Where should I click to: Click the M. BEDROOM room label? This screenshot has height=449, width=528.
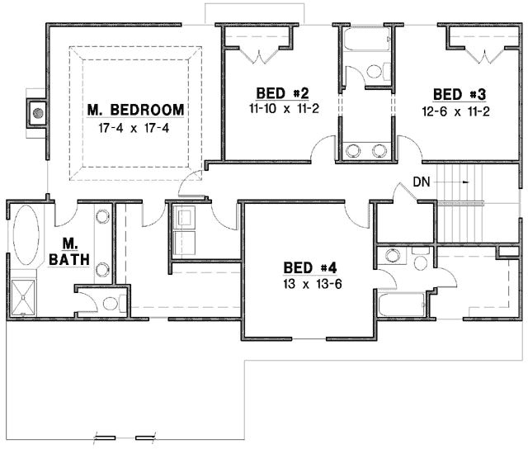tap(136, 110)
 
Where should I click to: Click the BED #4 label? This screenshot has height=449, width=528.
tap(309, 267)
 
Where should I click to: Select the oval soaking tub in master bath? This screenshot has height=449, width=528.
tap(25, 234)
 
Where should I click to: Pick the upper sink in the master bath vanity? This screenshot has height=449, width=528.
tap(103, 217)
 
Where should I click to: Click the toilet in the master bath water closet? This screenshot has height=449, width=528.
tap(111, 303)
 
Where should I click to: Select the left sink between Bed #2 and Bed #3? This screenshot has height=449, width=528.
tap(355, 150)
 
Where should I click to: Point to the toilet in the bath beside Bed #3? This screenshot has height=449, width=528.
tap(374, 72)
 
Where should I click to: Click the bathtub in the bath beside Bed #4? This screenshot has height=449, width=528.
tap(401, 305)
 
